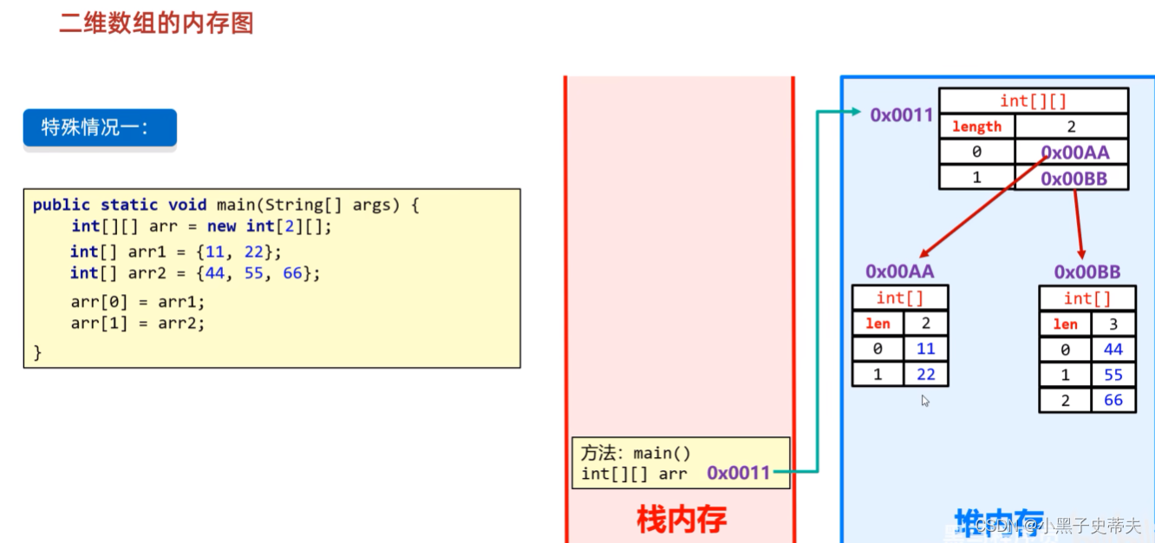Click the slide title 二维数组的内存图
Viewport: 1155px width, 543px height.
pyautogui.click(x=156, y=23)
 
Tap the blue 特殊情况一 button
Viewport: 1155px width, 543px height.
pyautogui.click(x=99, y=128)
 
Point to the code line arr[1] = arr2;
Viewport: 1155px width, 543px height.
pyautogui.click(x=138, y=323)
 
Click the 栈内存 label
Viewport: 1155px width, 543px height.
pyautogui.click(x=681, y=519)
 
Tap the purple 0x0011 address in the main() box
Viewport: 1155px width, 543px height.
pyautogui.click(x=738, y=473)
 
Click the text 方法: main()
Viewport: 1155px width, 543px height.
pyautogui.click(x=636, y=453)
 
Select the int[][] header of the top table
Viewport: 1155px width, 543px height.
pyautogui.click(x=1033, y=101)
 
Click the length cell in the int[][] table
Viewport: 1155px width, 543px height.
pyautogui.click(x=976, y=127)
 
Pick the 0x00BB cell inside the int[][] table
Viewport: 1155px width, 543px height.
pyautogui.click(x=1072, y=179)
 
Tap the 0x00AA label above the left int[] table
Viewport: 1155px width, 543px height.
pyautogui.click(x=899, y=271)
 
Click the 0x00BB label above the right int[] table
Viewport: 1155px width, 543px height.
pyautogui.click(x=1087, y=271)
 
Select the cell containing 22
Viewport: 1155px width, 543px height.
pyautogui.click(x=926, y=374)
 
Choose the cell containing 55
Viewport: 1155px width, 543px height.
pyautogui.click(x=1113, y=375)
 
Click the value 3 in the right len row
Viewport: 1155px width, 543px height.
pyautogui.click(x=1113, y=324)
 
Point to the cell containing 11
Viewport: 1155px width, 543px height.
pyautogui.click(x=926, y=349)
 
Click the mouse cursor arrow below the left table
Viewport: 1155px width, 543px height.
pyautogui.click(x=925, y=401)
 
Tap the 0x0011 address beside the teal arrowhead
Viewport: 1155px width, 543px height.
pyautogui.click(x=901, y=114)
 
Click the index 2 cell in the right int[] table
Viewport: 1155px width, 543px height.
pyautogui.click(x=1065, y=400)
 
